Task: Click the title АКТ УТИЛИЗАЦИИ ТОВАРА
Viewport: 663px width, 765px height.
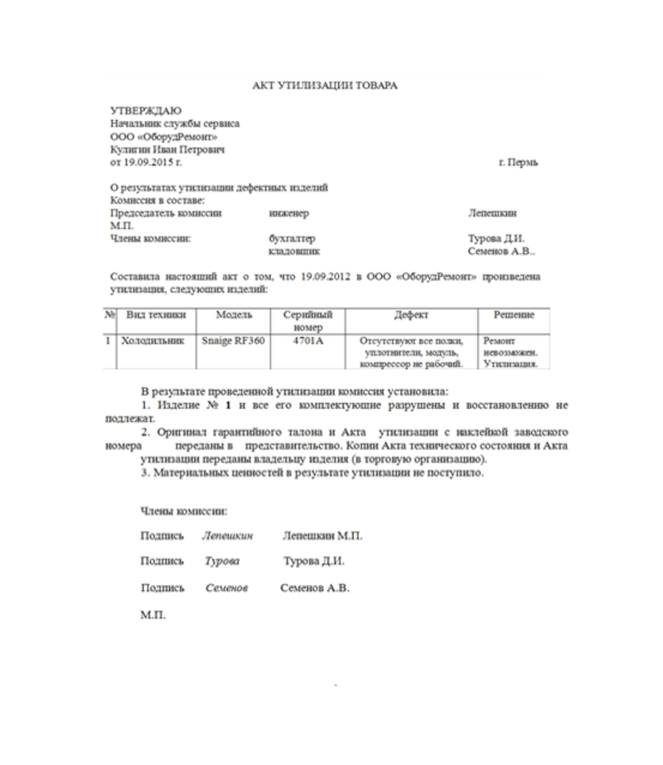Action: tap(325, 85)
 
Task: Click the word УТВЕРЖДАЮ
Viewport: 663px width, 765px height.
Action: tap(145, 110)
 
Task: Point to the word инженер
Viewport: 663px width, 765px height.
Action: tap(288, 213)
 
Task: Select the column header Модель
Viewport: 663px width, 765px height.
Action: tap(234, 316)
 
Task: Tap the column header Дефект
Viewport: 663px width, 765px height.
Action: tap(412, 316)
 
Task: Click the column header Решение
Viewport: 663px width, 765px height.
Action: tap(514, 316)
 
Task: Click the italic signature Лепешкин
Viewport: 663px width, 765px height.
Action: tap(226, 536)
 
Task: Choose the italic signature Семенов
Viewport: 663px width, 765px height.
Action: tap(227, 588)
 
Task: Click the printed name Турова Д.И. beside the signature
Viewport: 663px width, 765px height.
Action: tap(314, 562)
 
